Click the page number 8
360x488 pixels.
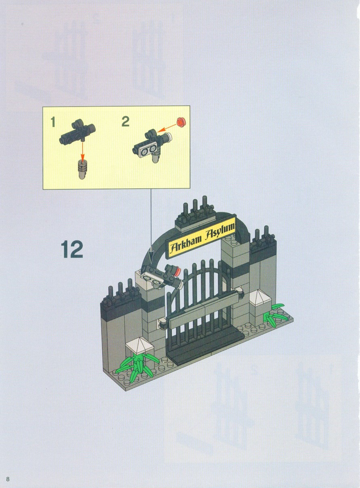coord(8,471)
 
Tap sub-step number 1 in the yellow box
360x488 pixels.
coord(53,122)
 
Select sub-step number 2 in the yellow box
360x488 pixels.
coord(126,122)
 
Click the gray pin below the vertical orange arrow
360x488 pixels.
coord(82,169)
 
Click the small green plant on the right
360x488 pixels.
coord(275,316)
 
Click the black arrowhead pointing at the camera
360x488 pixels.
coord(151,257)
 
